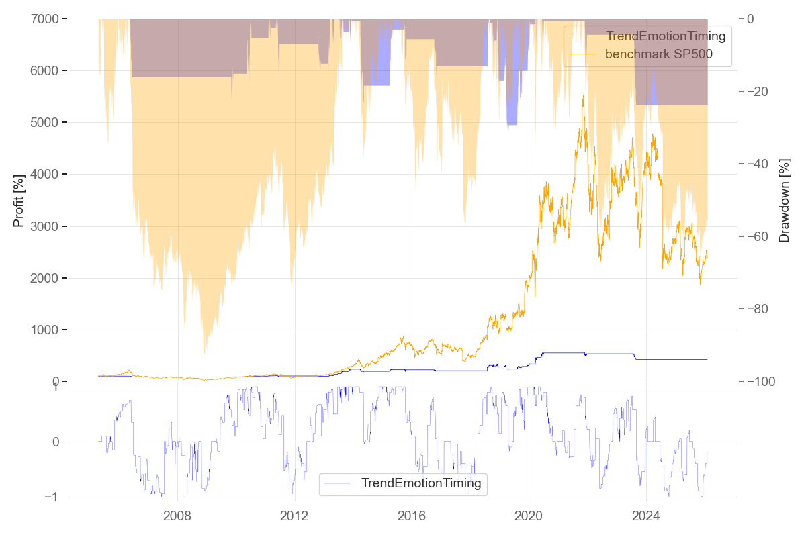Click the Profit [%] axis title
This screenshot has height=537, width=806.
19,200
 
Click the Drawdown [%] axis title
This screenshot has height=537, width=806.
783,200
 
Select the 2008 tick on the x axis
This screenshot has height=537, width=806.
177,517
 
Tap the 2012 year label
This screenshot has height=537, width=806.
294,517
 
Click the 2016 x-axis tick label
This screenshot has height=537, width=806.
411,517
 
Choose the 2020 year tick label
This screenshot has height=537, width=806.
529,517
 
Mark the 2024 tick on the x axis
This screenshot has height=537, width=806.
645,517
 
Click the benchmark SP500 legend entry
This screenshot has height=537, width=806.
658,54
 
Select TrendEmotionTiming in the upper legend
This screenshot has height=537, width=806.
666,36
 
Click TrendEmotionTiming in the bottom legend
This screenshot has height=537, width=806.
421,483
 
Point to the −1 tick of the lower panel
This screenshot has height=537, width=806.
51,497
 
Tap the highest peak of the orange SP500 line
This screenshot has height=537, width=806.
583,94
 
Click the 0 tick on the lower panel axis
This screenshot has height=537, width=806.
55,442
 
